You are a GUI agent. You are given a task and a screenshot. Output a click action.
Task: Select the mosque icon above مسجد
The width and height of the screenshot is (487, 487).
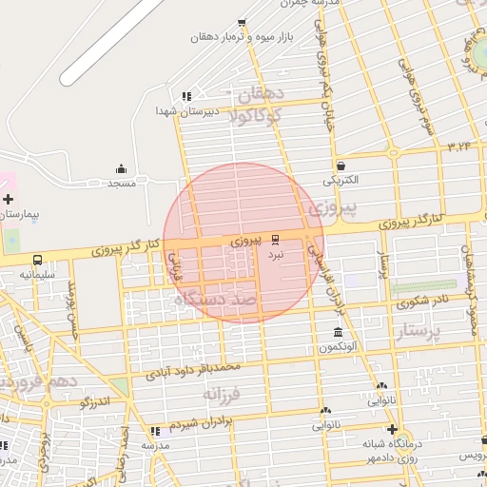[x=121, y=168]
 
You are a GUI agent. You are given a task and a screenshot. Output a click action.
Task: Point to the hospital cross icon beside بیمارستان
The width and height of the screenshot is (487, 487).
[x=9, y=199]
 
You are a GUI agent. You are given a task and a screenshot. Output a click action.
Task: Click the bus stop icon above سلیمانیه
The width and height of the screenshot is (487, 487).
[x=37, y=260]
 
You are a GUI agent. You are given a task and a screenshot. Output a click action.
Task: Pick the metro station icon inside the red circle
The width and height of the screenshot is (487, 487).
[x=276, y=239]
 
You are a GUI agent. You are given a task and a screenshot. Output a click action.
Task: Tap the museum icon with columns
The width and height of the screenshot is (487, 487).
[x=339, y=332]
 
